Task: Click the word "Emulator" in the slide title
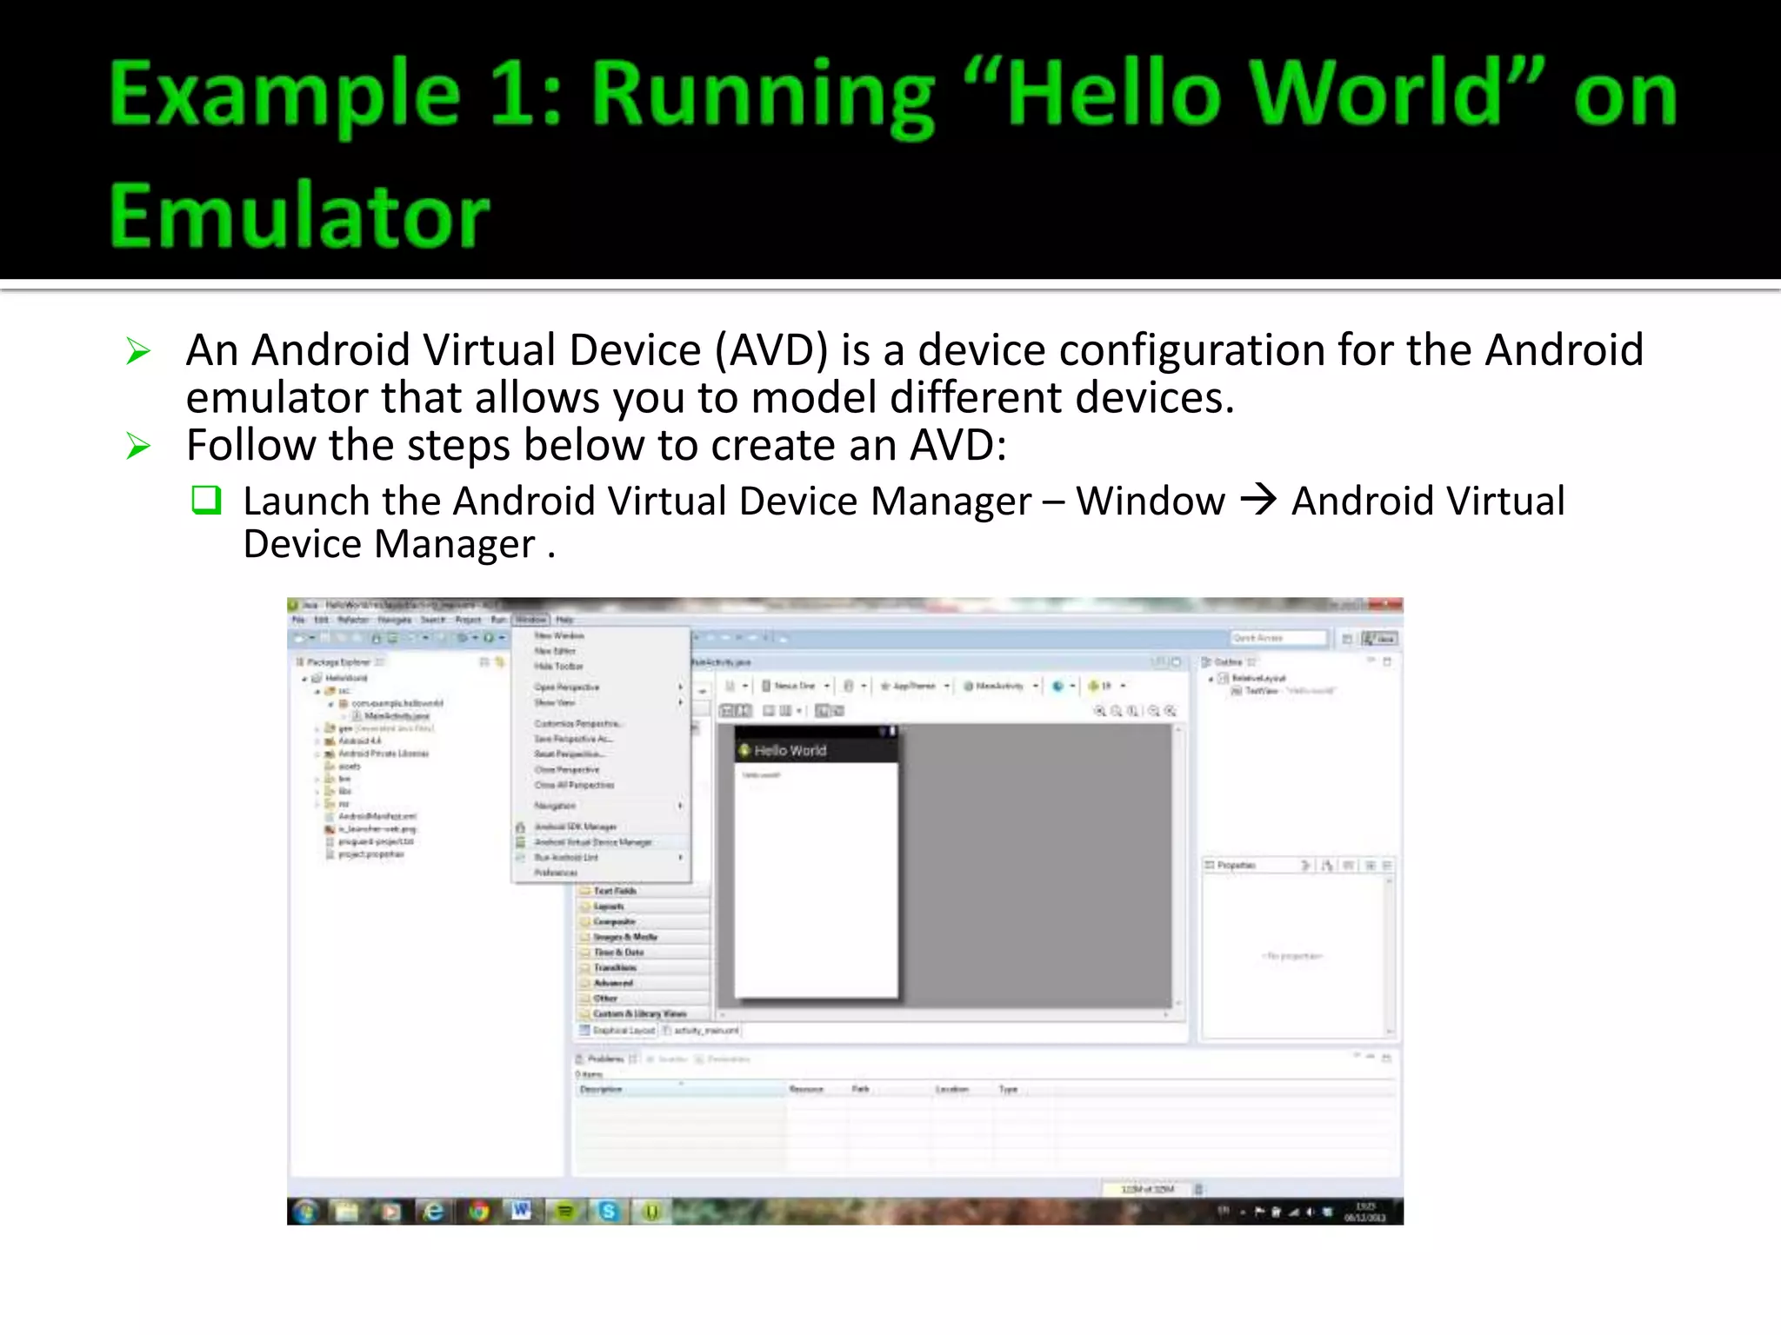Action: (x=299, y=216)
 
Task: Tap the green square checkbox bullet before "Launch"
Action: (x=206, y=501)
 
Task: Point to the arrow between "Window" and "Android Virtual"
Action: (x=1257, y=500)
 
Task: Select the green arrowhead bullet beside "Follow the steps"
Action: (x=138, y=446)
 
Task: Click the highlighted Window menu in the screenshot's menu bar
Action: (x=530, y=620)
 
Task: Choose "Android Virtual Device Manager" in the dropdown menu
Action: (x=592, y=842)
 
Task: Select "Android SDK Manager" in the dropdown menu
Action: (x=575, y=827)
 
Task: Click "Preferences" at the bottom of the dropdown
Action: (x=556, y=873)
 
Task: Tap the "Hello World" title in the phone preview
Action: (x=790, y=751)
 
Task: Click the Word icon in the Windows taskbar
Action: (x=521, y=1210)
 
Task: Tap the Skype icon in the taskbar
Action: (x=608, y=1211)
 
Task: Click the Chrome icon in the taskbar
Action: (x=478, y=1211)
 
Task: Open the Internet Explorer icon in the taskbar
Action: (x=433, y=1211)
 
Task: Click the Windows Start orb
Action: (x=305, y=1211)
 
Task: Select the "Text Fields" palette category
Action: (x=615, y=891)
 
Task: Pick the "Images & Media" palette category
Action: (x=625, y=937)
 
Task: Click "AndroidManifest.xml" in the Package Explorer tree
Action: (x=377, y=816)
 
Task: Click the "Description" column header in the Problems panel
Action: (x=601, y=1089)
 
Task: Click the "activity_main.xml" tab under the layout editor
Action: (x=706, y=1030)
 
